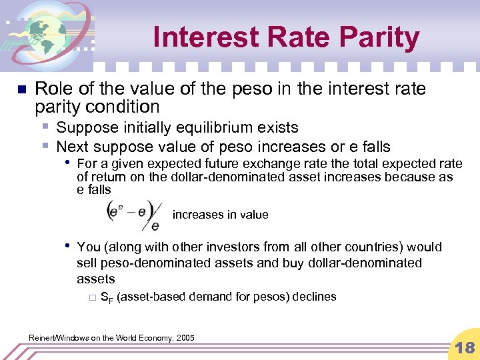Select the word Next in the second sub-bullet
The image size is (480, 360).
coord(72,146)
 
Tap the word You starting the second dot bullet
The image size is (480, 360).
coord(89,247)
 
